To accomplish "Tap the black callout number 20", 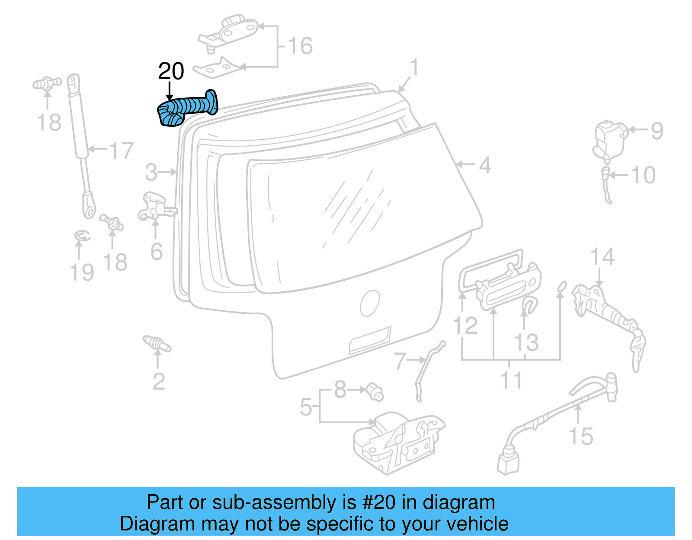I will (171, 71).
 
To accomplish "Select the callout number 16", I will (300, 46).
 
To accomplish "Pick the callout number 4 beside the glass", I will (485, 165).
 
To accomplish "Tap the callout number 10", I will (644, 175).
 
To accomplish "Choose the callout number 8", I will (340, 390).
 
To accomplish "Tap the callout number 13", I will (526, 342).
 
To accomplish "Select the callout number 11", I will (511, 380).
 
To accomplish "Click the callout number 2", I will (159, 381).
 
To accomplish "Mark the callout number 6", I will (157, 252).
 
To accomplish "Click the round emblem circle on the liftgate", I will (370, 303).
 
